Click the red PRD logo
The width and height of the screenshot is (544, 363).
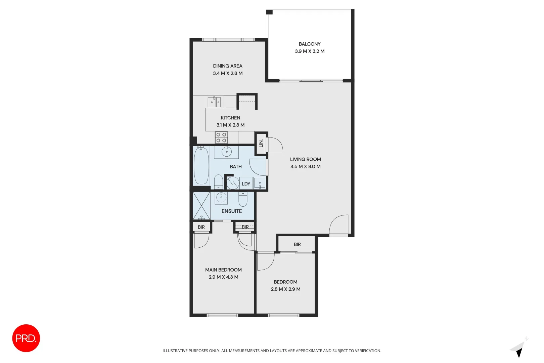point(26,338)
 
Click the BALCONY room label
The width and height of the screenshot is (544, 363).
point(309,44)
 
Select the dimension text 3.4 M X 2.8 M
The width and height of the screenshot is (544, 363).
point(227,73)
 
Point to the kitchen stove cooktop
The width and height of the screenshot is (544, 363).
point(221,137)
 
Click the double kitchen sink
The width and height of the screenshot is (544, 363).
point(214,102)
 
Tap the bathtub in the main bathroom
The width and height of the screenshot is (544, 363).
point(201,166)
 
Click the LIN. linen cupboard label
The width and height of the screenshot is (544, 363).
point(261,144)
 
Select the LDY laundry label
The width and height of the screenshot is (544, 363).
point(246,184)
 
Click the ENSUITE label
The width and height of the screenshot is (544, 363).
point(231,211)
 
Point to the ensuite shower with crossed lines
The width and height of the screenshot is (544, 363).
point(201,206)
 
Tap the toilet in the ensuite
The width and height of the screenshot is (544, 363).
point(243,199)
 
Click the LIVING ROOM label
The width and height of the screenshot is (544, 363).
point(305,159)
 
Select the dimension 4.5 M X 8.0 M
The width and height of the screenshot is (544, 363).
point(305,166)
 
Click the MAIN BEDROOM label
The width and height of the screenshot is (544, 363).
point(223,270)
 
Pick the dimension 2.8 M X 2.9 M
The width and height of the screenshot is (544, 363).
point(285,289)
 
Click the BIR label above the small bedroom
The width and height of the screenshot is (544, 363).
point(297,244)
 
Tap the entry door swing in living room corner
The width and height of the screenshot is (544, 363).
point(339,225)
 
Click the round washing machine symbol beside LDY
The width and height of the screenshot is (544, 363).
point(232,183)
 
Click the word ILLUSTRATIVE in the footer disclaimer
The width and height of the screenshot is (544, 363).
point(175,351)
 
